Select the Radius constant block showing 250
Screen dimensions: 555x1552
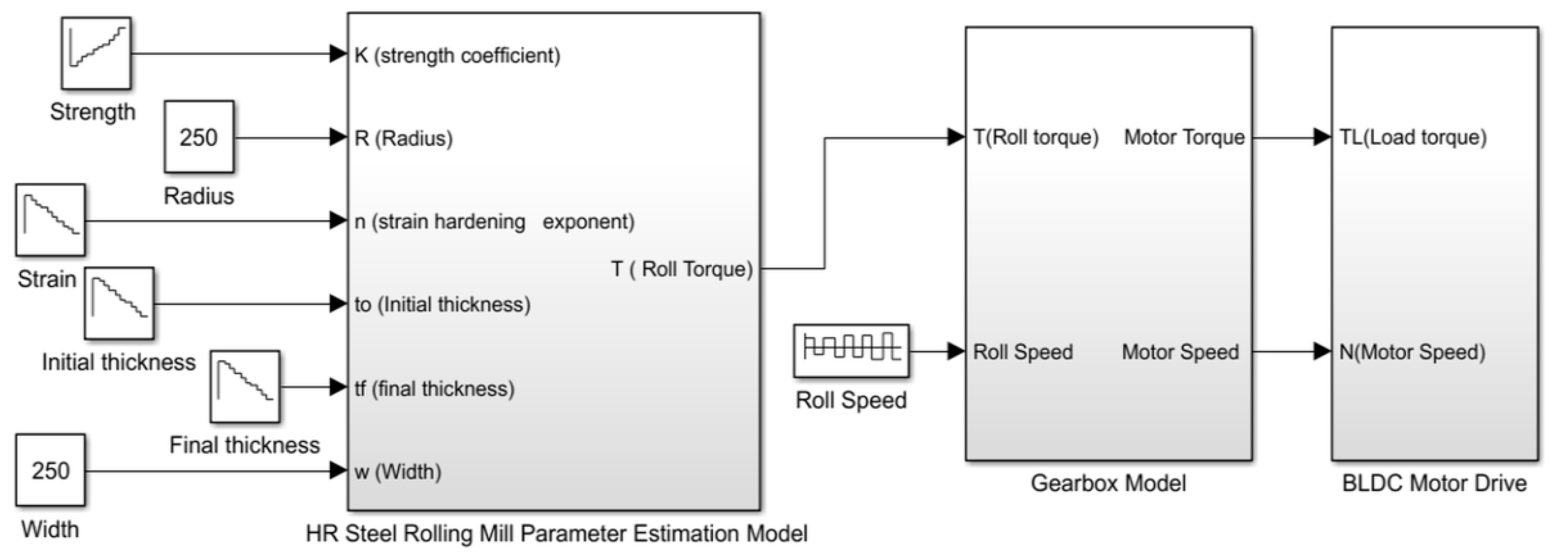(199, 137)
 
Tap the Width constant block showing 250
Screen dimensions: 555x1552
(50, 470)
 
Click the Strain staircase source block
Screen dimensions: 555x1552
(50, 220)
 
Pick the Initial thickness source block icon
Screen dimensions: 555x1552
(119, 303)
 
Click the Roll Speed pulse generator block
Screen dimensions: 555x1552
(851, 351)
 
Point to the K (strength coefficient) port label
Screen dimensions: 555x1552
(457, 56)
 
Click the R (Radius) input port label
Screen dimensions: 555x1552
(404, 138)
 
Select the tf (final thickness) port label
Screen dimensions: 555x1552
(434, 388)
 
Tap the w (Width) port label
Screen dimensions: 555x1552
(398, 471)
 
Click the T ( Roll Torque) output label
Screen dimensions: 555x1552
(682, 268)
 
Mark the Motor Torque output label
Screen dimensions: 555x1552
(1184, 137)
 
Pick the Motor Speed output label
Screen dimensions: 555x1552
(1180, 352)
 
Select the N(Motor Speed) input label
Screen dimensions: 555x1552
(1412, 352)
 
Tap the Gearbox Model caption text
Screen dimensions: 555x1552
(1108, 483)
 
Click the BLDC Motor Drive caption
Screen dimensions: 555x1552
(1434, 483)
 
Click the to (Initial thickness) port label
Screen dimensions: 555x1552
(442, 305)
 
